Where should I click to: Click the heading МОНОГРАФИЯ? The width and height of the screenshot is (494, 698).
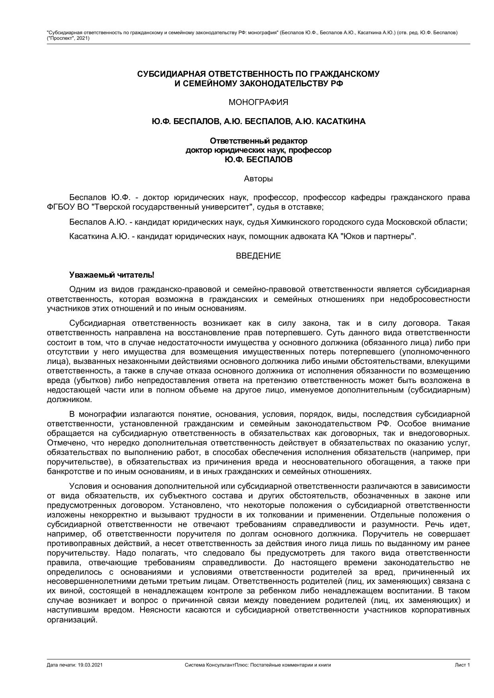[258, 103]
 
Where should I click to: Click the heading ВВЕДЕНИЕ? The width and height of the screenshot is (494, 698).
[258, 256]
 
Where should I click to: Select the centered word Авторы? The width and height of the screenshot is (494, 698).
[258, 179]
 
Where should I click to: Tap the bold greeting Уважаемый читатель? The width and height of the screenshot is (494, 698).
[111, 275]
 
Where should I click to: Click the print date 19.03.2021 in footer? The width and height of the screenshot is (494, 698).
[90, 665]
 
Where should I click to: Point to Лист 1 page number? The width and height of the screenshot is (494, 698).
[462, 665]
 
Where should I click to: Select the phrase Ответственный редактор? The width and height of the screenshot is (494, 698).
[258, 141]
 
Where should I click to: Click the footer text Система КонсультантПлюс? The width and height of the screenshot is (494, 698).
[216, 665]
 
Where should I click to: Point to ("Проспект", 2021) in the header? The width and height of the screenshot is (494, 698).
[68, 38]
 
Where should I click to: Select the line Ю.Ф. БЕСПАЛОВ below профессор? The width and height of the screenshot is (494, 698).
[258, 160]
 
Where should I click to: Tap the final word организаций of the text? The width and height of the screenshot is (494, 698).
[72, 620]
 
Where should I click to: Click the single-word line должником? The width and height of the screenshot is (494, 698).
[69, 400]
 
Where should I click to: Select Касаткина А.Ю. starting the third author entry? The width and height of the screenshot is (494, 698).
[99, 236]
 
